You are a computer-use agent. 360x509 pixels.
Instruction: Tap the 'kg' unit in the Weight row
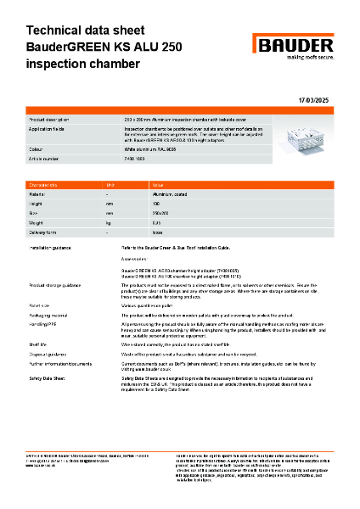pyautogui.click(x=108, y=221)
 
